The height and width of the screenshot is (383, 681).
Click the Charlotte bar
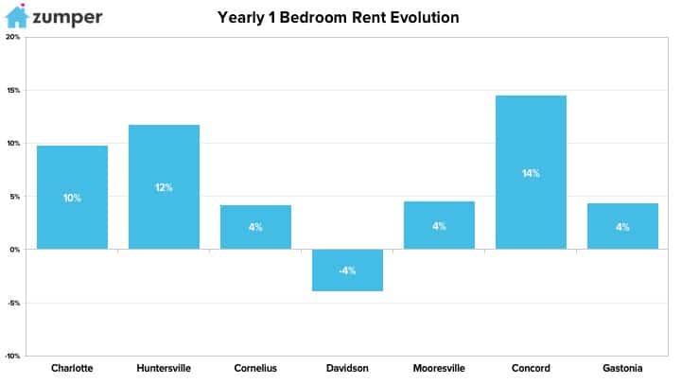[x=72, y=197]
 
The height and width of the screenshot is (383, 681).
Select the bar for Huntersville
[x=165, y=187]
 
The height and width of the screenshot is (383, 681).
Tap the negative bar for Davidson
[x=347, y=270]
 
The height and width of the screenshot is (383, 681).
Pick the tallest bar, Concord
[x=531, y=172]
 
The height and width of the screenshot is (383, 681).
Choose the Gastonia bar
[x=622, y=226]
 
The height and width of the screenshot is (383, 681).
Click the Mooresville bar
[x=439, y=225]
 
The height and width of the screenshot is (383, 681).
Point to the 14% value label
[x=531, y=174]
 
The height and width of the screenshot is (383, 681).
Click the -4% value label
[x=347, y=271]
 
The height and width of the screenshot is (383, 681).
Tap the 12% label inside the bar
[x=164, y=187]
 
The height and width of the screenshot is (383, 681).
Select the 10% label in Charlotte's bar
[x=72, y=198]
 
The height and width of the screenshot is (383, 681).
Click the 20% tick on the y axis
[x=13, y=37]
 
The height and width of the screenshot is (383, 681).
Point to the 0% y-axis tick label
[x=15, y=250]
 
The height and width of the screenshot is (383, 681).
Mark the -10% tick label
[x=12, y=357]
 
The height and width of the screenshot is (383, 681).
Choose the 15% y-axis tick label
[x=13, y=91]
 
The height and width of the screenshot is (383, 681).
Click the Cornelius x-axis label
[x=255, y=368]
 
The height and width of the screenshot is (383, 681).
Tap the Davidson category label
[x=347, y=368]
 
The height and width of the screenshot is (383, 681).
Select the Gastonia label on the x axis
[x=622, y=368]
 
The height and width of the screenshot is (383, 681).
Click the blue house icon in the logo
[x=17, y=16]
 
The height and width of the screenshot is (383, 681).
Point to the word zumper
[x=67, y=18]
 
